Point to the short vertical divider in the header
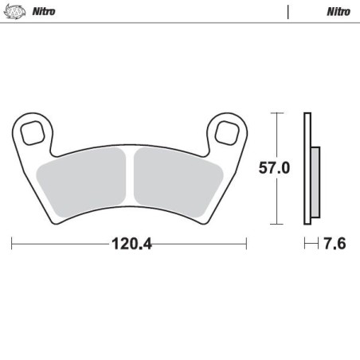(288, 12)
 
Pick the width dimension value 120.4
(131, 244)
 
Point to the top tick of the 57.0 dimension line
(276, 114)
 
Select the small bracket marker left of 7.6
(310, 243)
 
